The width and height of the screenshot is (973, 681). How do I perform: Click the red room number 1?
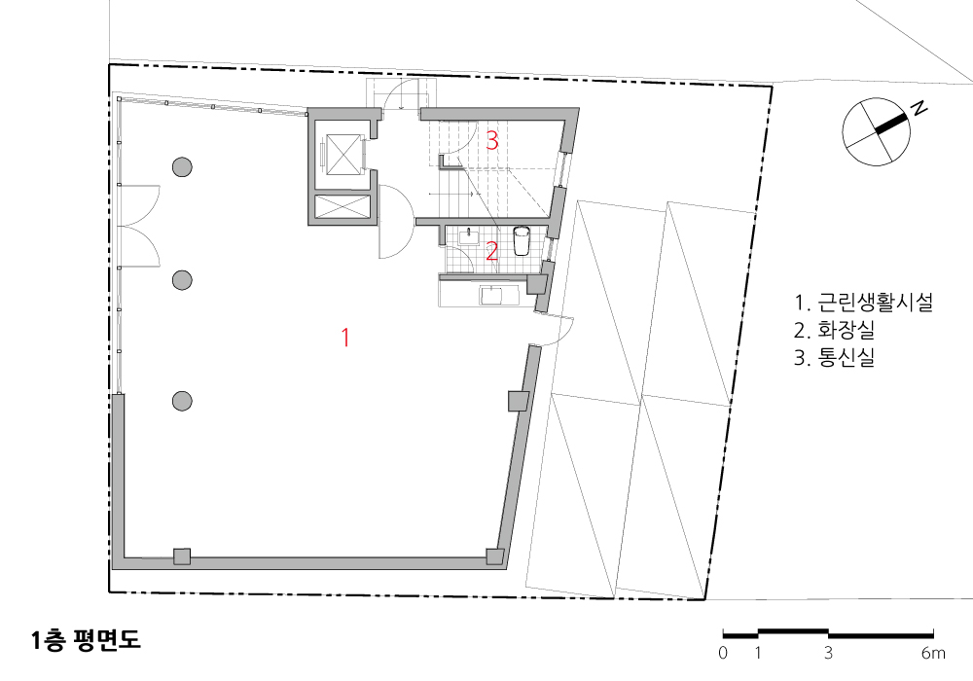345,338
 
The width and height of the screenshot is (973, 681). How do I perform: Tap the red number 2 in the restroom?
491,252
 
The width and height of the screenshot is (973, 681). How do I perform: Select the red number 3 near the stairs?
492,141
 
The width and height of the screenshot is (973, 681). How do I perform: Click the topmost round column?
182,166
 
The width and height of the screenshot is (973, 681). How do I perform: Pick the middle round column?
182,280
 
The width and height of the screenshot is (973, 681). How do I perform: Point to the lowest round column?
182,401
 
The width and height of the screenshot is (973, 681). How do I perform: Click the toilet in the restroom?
522,240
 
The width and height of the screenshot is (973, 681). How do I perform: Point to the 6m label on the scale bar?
933,653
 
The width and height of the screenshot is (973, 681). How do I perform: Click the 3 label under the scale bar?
828,653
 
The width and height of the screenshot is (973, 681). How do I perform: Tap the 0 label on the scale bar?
723,653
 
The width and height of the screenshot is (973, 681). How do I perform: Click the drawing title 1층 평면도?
87,640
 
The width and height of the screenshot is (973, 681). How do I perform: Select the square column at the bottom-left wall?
182,556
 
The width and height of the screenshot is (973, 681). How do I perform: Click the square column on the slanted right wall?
519,401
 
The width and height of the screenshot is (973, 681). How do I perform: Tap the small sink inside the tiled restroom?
469,237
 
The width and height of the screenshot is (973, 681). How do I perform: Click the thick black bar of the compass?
891,123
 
